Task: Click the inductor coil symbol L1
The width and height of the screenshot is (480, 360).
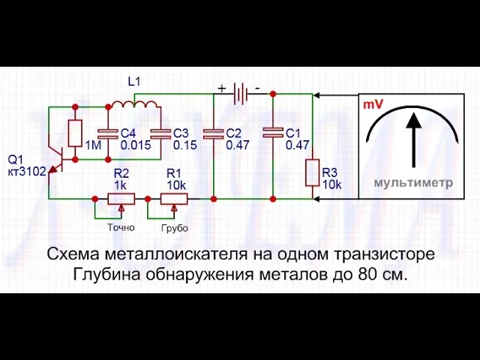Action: [133, 103]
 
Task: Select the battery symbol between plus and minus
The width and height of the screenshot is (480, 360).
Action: [240, 94]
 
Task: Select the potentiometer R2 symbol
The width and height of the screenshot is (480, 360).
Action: [121, 199]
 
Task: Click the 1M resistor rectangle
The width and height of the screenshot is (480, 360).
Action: [75, 133]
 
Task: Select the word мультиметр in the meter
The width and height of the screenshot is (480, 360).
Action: [413, 182]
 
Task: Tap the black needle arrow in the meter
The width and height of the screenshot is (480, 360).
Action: [411, 139]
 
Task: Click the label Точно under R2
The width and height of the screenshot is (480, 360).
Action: [121, 227]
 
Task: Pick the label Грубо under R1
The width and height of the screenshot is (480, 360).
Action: [174, 227]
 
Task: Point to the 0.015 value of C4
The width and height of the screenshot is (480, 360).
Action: [136, 145]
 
